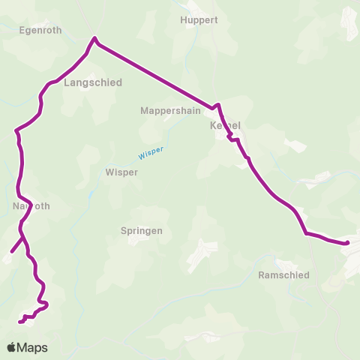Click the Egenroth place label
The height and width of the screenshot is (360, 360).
pos(40,30)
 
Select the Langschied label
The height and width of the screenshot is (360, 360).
pos(93,82)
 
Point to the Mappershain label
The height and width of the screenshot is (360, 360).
pos(171,110)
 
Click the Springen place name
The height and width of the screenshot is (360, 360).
pos(142,231)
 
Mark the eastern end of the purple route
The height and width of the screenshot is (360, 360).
pos(348,243)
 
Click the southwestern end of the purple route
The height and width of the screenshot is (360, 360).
pos(20,322)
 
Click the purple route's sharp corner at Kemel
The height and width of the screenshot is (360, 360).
pos(217,106)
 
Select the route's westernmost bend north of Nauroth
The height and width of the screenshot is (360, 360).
pos(16,133)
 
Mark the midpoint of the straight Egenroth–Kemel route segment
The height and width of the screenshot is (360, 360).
pos(154,73)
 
